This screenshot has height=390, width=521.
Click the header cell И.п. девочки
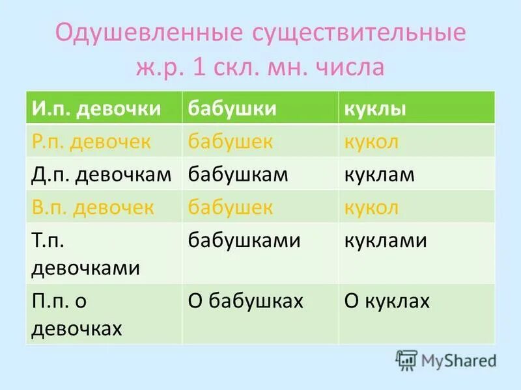click(x=94, y=108)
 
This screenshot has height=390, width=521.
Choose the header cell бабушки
click(x=232, y=108)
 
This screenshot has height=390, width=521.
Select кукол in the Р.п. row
click(x=371, y=141)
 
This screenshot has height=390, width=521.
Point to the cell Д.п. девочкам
click(x=102, y=175)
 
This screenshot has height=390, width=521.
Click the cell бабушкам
click(x=238, y=175)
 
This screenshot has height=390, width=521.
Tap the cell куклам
click(x=380, y=175)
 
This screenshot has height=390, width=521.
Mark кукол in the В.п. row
click(x=371, y=208)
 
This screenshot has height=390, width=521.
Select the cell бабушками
click(x=244, y=241)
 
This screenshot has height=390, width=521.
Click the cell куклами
click(x=386, y=241)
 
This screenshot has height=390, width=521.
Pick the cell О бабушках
click(x=246, y=300)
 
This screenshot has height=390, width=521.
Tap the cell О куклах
click(x=387, y=300)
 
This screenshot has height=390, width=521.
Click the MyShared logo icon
click(x=406, y=360)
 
